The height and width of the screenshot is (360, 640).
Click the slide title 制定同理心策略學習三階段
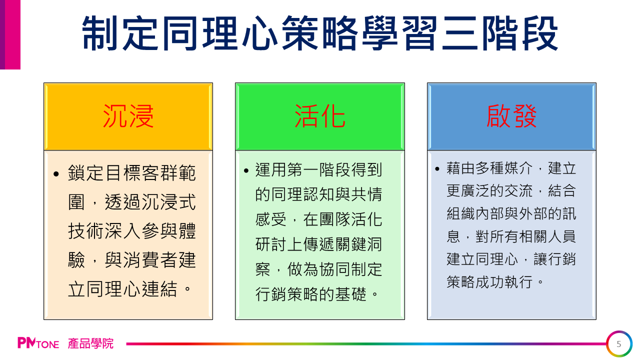(x=320, y=33)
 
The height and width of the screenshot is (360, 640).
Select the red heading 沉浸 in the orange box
(x=128, y=116)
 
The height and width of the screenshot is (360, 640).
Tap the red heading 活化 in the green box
(x=320, y=116)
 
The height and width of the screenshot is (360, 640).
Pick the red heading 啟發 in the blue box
(x=511, y=116)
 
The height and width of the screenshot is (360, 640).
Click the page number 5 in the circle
(x=619, y=344)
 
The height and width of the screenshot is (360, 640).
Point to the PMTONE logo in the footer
(x=38, y=343)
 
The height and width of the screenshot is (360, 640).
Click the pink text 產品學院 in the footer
(x=90, y=343)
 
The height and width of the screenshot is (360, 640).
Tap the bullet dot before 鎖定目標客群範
(x=56, y=173)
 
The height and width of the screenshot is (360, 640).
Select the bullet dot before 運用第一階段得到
(x=246, y=171)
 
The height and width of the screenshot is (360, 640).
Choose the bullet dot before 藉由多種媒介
(x=437, y=169)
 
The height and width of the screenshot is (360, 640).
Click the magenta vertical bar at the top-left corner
(x=10, y=34)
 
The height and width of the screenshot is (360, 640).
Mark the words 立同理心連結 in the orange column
(x=123, y=289)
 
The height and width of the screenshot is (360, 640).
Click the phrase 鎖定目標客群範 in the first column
(x=132, y=173)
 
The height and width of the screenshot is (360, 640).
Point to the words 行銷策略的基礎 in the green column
(x=311, y=294)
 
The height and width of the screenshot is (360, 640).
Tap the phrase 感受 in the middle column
(x=271, y=220)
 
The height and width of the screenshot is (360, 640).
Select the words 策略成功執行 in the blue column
(x=489, y=282)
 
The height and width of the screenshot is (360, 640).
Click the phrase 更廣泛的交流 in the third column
(x=489, y=191)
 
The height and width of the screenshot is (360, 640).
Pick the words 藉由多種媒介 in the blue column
(x=489, y=168)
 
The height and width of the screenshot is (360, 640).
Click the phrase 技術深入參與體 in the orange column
(x=132, y=231)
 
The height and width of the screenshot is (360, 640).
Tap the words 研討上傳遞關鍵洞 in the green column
(x=318, y=244)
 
